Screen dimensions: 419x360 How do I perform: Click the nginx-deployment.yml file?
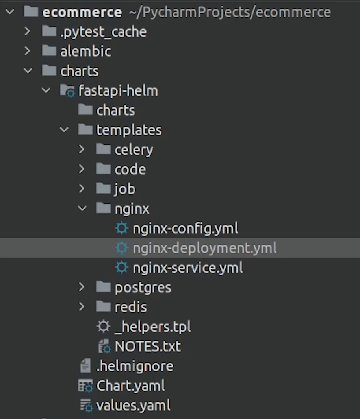(204, 248)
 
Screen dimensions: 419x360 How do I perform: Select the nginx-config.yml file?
(185, 229)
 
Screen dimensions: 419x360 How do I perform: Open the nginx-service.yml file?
(187, 268)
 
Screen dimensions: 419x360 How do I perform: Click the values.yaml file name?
(133, 405)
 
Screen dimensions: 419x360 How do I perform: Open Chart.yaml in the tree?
(130, 386)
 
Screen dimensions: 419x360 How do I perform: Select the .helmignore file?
(135, 366)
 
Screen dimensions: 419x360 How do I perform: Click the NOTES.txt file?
(148, 347)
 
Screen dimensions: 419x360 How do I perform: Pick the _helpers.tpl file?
(153, 327)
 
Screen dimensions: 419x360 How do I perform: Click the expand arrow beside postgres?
(82, 287)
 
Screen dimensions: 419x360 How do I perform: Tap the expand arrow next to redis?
(82, 307)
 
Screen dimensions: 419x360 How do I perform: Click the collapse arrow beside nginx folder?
(82, 209)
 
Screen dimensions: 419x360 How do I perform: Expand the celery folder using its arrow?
(82, 150)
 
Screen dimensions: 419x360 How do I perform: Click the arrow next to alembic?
(27, 51)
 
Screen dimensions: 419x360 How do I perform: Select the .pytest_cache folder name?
(103, 32)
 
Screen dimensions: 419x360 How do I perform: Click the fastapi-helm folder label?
(118, 91)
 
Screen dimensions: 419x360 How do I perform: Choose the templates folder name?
(129, 130)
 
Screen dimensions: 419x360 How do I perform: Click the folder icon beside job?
(103, 188)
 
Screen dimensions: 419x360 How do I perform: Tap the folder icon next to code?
(103, 169)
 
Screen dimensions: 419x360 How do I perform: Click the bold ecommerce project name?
(82, 12)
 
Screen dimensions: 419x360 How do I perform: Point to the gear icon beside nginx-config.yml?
(122, 228)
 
